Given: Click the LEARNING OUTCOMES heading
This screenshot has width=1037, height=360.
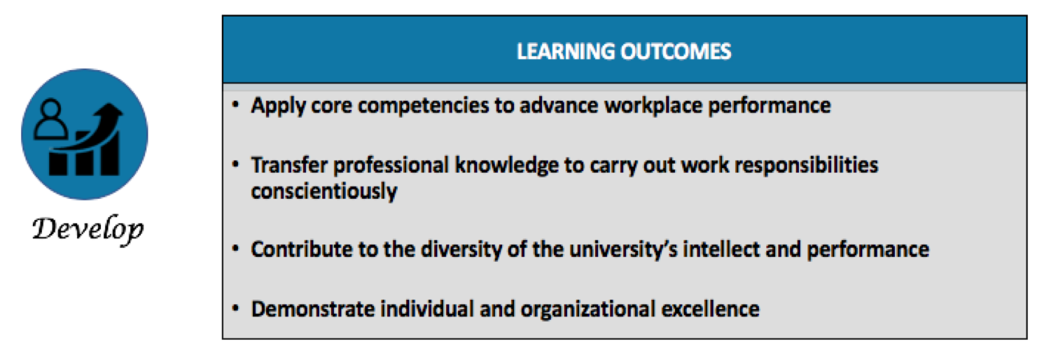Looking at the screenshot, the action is (x=624, y=51).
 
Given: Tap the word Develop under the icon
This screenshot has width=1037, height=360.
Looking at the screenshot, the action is (x=88, y=229).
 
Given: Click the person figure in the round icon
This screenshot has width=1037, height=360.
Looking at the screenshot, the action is (x=50, y=119).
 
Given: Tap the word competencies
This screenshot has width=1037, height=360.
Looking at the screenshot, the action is (x=423, y=106).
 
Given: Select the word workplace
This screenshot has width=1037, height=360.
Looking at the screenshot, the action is (x=653, y=106).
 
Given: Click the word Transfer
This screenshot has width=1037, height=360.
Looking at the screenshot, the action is (x=289, y=165).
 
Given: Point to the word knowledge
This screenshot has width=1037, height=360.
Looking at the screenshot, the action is (x=506, y=166).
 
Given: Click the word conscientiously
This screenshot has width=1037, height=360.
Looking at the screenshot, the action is (x=324, y=191).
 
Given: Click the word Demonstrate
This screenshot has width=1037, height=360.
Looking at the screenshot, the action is (x=312, y=309).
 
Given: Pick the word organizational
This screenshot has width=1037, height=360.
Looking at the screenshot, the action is (x=588, y=310).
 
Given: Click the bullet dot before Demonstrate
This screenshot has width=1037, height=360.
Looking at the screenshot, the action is (x=236, y=308).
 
